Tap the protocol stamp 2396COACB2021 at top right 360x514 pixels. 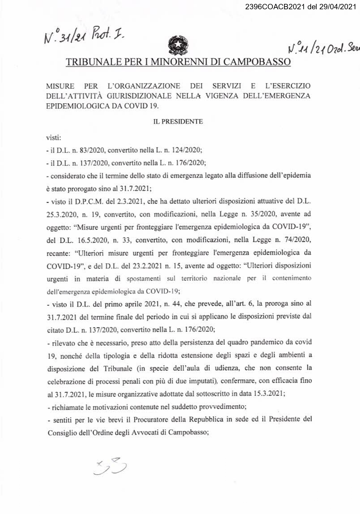(x=300, y=7)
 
